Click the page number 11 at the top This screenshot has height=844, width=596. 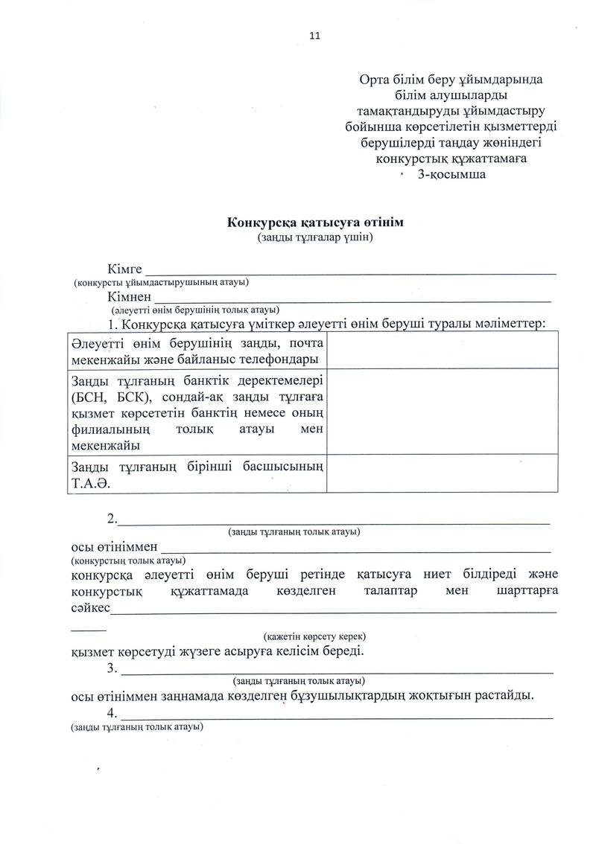[x=314, y=35]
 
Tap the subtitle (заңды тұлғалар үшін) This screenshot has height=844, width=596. [x=315, y=237]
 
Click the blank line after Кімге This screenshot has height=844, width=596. [x=350, y=271]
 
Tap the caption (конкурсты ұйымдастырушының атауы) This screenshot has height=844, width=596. [x=161, y=282]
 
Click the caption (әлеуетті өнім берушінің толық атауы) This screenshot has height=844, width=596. [x=195, y=309]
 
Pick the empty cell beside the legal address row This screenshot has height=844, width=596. [x=442, y=350]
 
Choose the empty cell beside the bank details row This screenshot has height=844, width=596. [x=442, y=411]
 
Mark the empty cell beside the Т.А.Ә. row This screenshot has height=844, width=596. [x=442, y=473]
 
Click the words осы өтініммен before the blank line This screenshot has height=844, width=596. [x=112, y=547]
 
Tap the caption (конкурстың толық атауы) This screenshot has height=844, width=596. [x=128, y=559]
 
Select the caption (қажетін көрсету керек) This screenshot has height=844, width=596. [x=314, y=637]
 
